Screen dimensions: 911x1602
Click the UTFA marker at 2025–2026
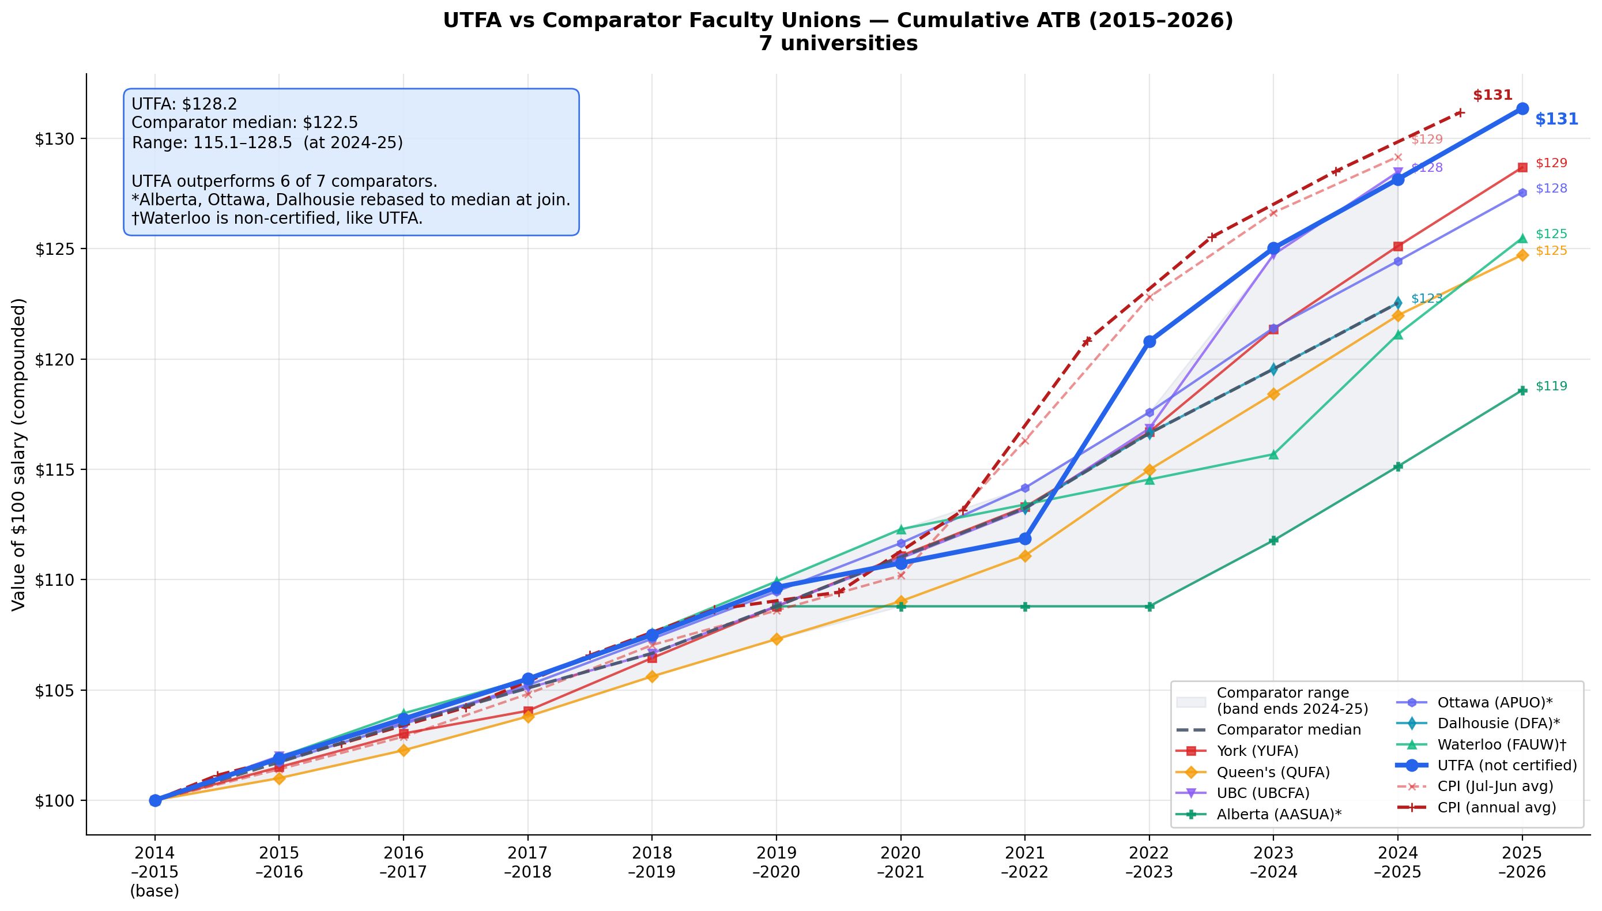(x=1522, y=109)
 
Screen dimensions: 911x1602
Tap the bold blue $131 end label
(x=1556, y=119)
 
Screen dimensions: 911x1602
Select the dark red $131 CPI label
(x=1492, y=95)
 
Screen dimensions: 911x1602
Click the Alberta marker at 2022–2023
(x=1149, y=607)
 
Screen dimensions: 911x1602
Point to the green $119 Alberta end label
(x=1551, y=386)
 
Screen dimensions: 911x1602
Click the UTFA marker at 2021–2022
(x=1024, y=539)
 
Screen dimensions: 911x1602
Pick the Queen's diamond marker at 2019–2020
(x=777, y=639)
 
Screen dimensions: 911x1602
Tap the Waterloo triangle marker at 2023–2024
(x=1273, y=454)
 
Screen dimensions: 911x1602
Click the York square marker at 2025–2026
(x=1522, y=167)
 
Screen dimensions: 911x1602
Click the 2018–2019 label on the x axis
(x=652, y=862)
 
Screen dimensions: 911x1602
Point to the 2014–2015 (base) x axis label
(x=154, y=871)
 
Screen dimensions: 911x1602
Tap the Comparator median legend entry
(x=1288, y=729)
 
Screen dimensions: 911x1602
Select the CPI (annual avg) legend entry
(x=1497, y=807)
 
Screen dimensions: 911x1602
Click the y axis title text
(x=20, y=454)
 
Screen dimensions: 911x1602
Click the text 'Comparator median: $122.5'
(x=244, y=123)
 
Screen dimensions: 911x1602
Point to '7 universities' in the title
(x=838, y=44)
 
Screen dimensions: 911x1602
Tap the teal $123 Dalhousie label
(x=1426, y=299)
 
